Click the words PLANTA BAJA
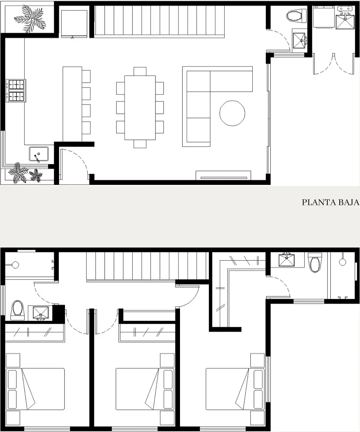[330, 202]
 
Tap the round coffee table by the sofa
[232, 113]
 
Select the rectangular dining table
[140, 108]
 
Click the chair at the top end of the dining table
[140, 71]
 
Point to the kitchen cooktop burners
[16, 91]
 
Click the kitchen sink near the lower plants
[39, 154]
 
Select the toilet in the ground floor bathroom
[296, 16]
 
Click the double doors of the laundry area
[333, 64]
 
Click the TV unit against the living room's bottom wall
[223, 175]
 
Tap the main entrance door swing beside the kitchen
[75, 160]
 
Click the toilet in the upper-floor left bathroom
[17, 310]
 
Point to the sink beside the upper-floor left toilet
[41, 313]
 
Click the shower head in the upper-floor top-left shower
[15, 265]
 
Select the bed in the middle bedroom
[145, 389]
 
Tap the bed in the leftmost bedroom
[35, 389]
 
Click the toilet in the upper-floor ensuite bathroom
[315, 262]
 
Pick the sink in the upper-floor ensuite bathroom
[287, 260]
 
